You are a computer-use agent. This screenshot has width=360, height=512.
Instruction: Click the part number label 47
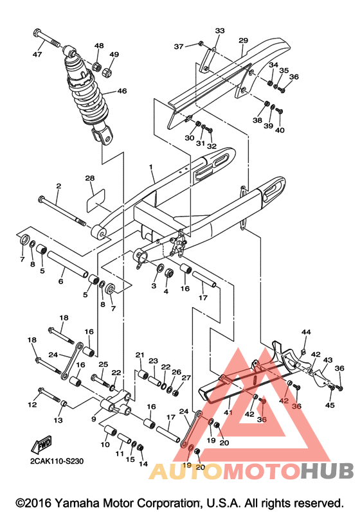(x=37, y=54)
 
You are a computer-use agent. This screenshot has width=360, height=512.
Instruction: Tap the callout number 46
(x=122, y=91)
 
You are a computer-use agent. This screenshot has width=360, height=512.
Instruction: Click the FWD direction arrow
(x=42, y=444)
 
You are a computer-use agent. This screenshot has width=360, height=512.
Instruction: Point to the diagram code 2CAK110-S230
(x=57, y=461)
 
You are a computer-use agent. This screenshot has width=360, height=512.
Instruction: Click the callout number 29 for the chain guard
(x=243, y=40)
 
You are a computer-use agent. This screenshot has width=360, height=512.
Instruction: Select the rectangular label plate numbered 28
(x=95, y=200)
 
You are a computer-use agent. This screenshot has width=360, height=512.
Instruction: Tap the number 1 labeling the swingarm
(x=151, y=167)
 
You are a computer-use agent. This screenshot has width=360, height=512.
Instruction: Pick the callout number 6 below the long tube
(x=61, y=281)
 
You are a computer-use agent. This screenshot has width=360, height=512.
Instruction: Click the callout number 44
(x=306, y=332)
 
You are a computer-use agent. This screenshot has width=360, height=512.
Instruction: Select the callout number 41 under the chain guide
(x=228, y=412)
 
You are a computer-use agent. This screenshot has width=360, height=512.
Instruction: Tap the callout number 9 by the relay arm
(x=94, y=419)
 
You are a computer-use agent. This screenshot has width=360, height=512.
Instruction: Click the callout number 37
(x=179, y=47)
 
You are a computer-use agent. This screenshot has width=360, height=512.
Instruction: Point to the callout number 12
(x=32, y=405)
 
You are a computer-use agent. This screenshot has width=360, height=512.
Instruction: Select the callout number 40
(x=280, y=130)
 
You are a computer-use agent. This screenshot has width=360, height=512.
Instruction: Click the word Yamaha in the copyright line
(x=78, y=503)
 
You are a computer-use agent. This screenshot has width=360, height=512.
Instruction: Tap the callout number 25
(x=104, y=364)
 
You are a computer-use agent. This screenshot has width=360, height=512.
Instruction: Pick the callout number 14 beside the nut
(x=143, y=464)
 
